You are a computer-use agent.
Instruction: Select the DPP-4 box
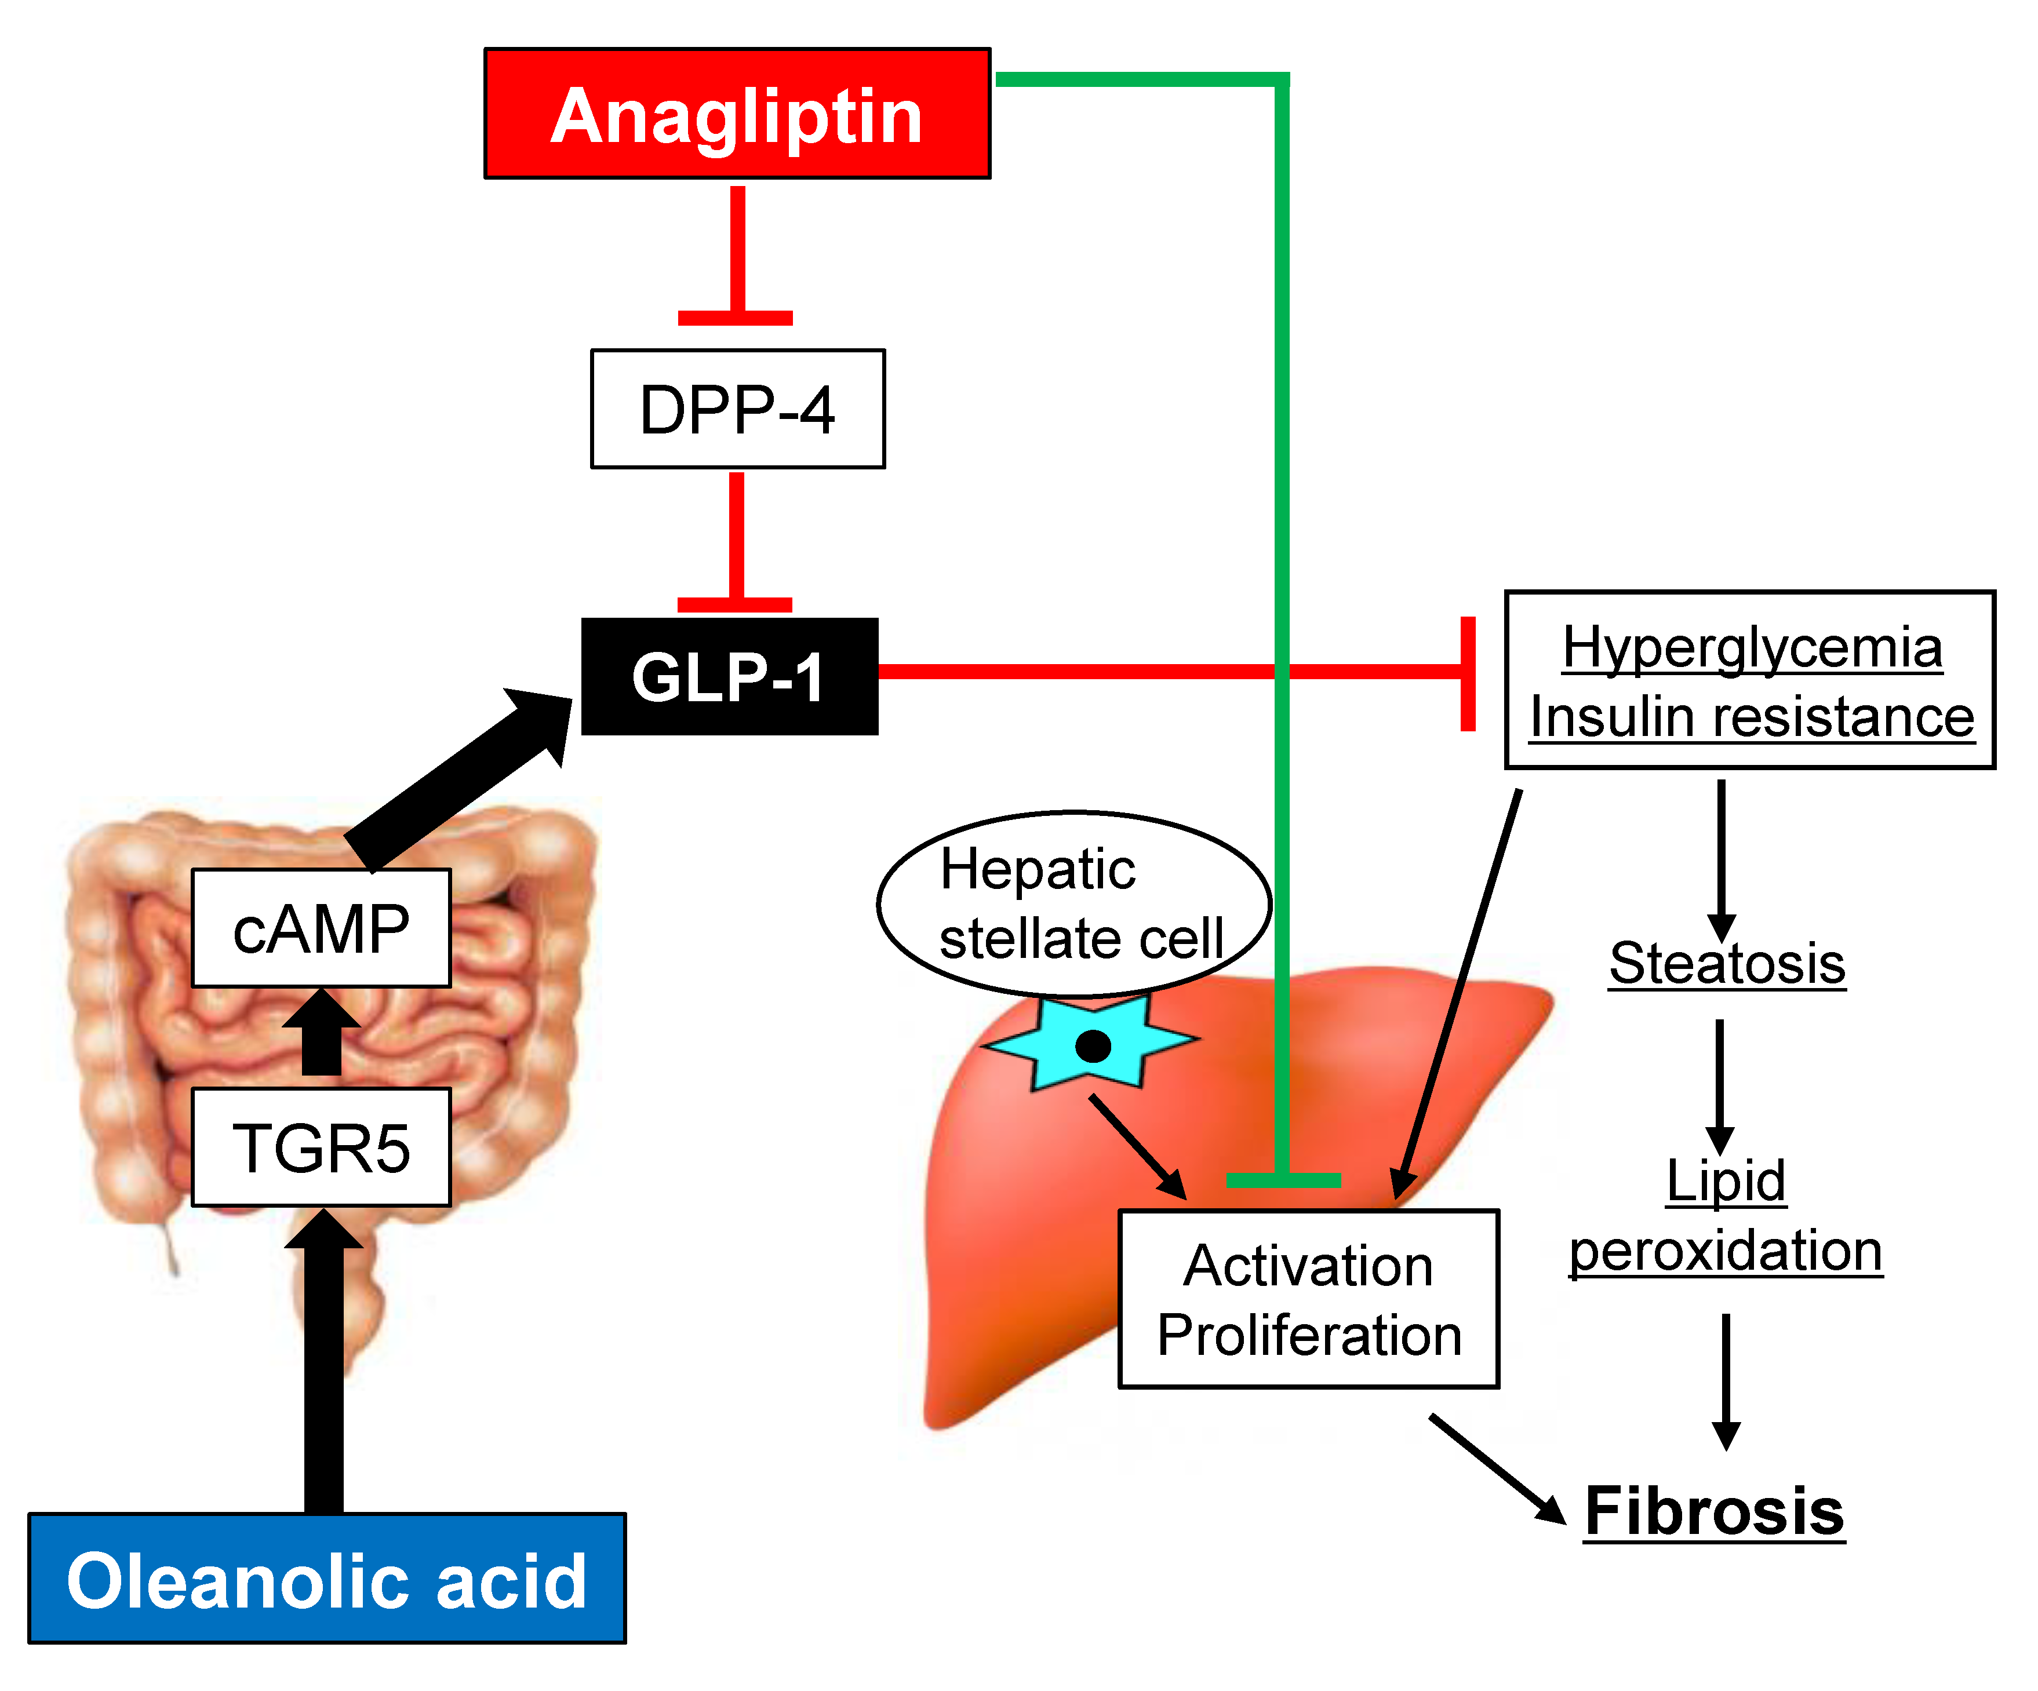[x=737, y=409]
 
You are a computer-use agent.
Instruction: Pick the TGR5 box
[x=321, y=1147]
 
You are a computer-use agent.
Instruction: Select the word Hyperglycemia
[x=1752, y=647]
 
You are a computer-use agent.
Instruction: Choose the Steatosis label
[x=1727, y=963]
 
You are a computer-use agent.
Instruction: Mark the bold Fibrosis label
[x=1714, y=1511]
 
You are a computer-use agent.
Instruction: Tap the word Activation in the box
[x=1308, y=1266]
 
